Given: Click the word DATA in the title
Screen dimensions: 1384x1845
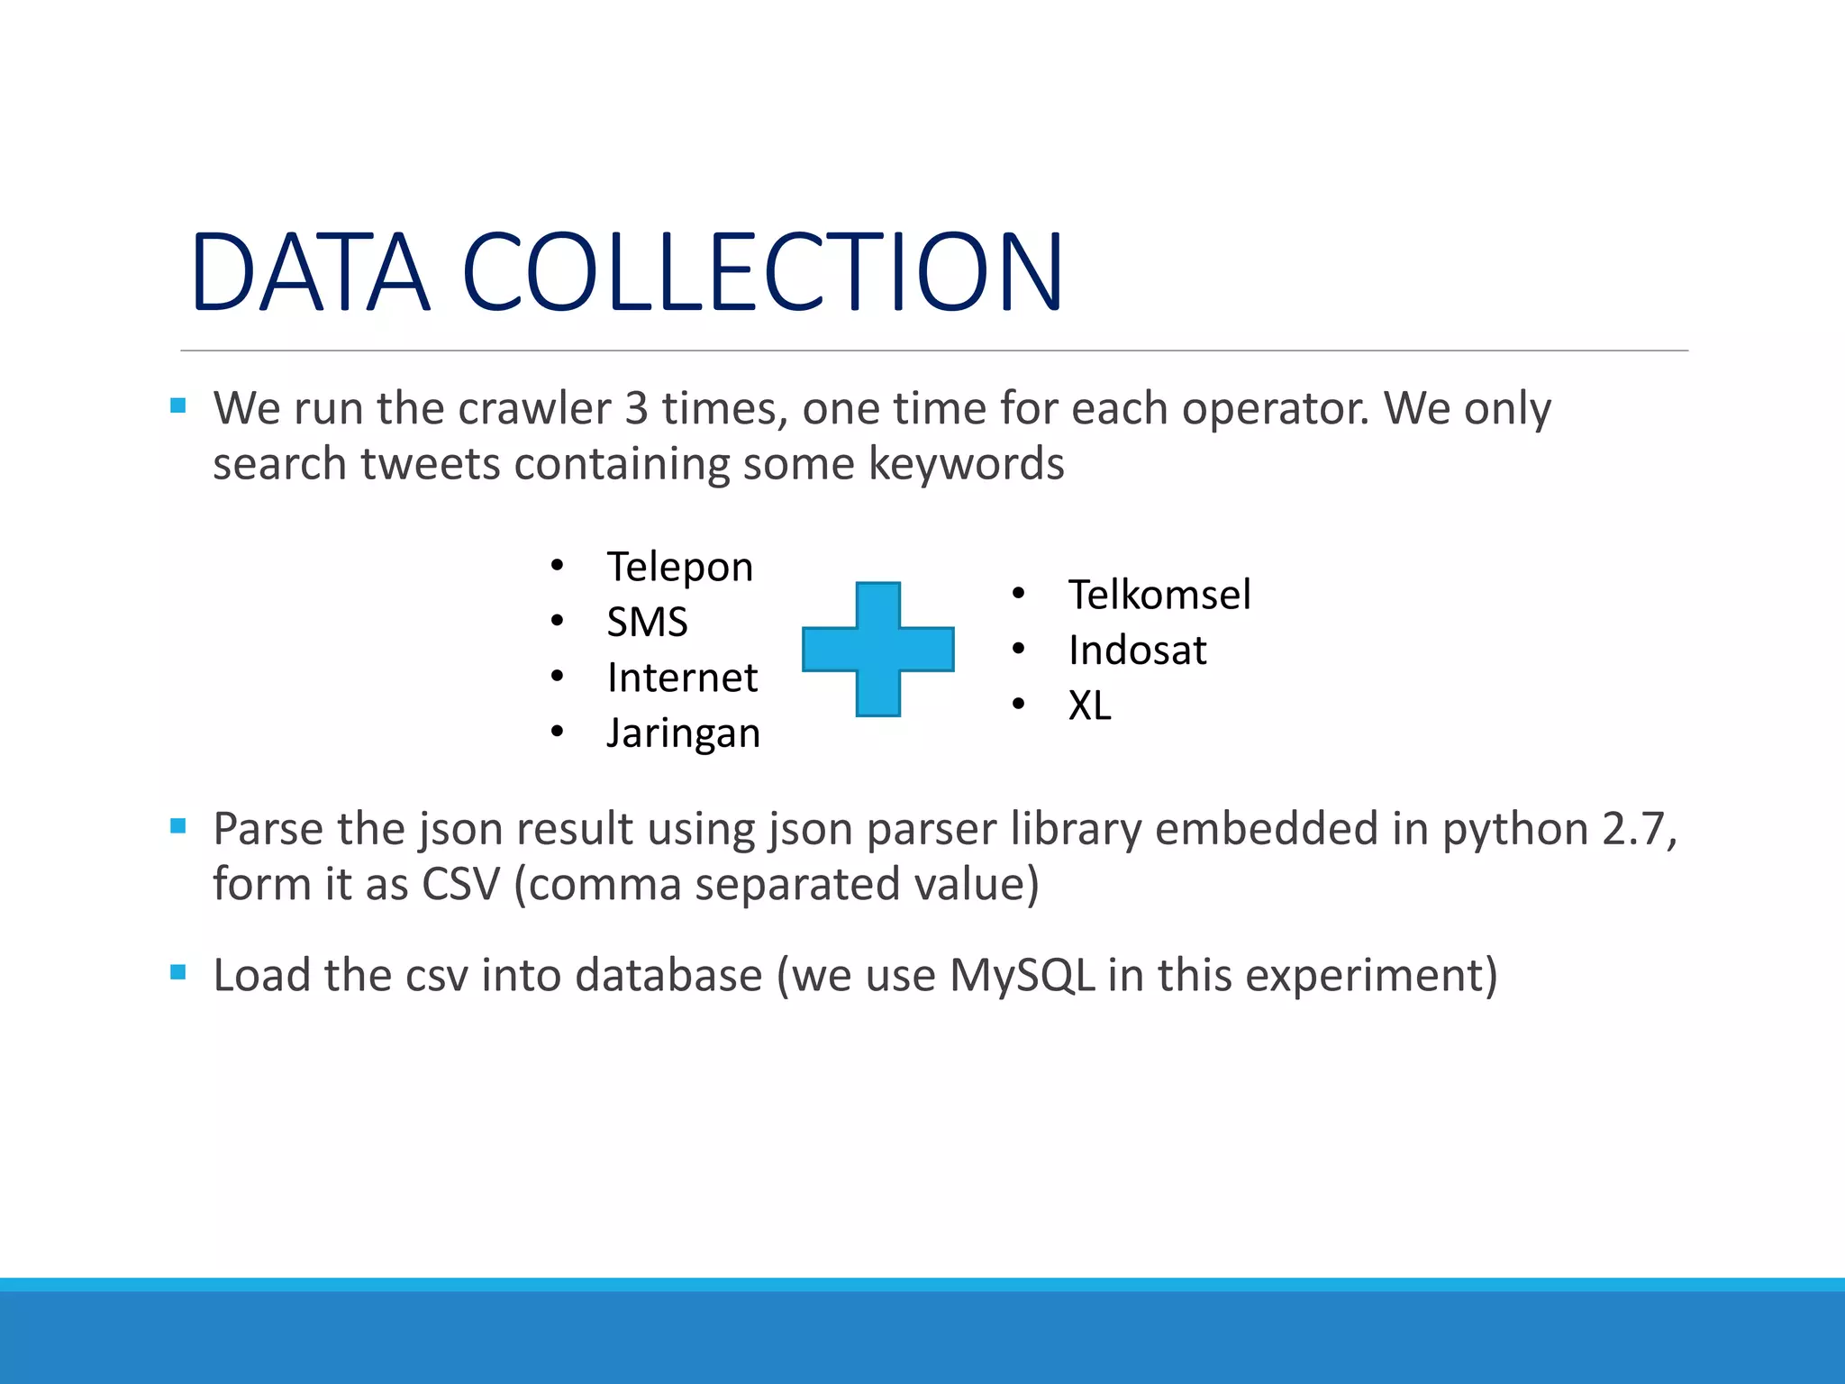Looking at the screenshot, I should (x=310, y=272).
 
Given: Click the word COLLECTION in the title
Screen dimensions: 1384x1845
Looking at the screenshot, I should (x=762, y=272).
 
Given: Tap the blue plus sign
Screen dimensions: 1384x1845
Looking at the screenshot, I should (x=877, y=649).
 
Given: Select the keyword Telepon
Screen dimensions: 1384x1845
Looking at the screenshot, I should (x=679, y=568).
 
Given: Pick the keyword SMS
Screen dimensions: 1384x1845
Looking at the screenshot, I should (x=647, y=623).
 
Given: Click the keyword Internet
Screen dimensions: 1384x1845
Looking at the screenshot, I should (x=682, y=678).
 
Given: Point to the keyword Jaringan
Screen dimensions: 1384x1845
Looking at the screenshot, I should (x=683, y=733).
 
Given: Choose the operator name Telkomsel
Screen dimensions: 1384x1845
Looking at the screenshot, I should (x=1159, y=595).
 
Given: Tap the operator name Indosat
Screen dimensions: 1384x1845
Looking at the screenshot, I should (x=1137, y=651).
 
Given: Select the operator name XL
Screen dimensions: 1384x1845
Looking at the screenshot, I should (x=1090, y=706).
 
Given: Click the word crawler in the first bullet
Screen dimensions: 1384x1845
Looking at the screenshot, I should (x=535, y=409).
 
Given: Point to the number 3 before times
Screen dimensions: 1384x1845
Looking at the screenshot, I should (x=636, y=409).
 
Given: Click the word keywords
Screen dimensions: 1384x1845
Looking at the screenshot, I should (x=966, y=465).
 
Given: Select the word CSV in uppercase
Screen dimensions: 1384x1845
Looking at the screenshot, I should (x=460, y=885).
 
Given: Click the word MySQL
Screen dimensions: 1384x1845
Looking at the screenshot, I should (x=1022, y=976).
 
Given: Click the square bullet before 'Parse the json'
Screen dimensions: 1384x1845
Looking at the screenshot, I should (x=178, y=826).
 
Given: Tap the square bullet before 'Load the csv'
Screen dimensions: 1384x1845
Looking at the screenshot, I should (x=178, y=972).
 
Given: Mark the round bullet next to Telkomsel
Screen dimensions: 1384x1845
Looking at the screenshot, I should (x=1019, y=593).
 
